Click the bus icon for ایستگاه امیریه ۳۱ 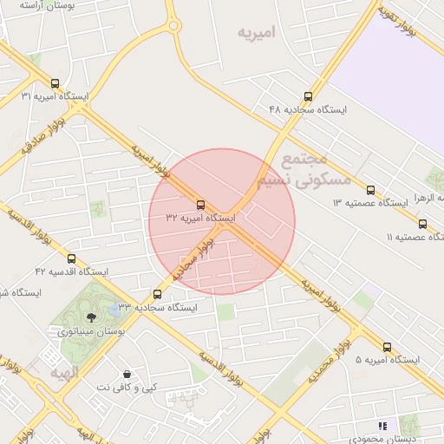pyautogui.click(x=55, y=84)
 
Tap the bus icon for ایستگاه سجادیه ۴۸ pyautogui.click(x=308, y=97)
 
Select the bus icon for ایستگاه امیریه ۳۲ pyautogui.click(x=201, y=205)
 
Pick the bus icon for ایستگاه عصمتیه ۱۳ pyautogui.click(x=370, y=190)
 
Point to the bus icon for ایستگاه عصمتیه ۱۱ pyautogui.click(x=422, y=225)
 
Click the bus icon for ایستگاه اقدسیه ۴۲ pyautogui.click(x=71, y=258)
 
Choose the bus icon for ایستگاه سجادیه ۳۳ pyautogui.click(x=157, y=295)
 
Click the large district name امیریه pyautogui.click(x=258, y=33)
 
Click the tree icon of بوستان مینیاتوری pyautogui.click(x=91, y=317)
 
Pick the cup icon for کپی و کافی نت pyautogui.click(x=128, y=374)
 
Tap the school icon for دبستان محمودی pyautogui.click(x=382, y=426)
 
